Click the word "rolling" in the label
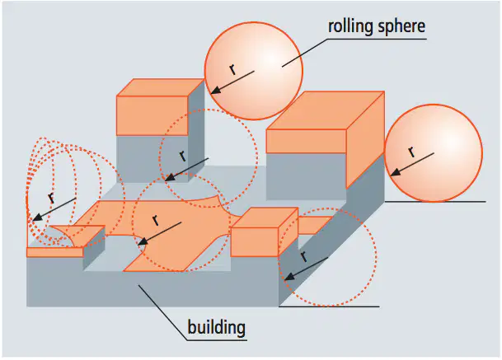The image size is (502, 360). [350, 26]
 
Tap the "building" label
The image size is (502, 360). [217, 327]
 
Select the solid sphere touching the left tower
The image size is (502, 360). [254, 71]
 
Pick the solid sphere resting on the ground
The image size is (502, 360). [434, 153]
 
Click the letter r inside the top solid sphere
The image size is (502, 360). [232, 69]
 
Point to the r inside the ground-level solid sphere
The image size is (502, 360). [411, 152]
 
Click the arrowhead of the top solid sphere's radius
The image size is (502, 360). [216, 91]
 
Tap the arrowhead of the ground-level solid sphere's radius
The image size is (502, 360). [396, 172]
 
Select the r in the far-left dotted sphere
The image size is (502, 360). [52, 198]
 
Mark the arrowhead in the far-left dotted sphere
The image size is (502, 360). [37, 217]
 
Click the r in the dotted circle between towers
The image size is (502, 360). [183, 156]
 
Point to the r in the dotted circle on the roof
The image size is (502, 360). [156, 220]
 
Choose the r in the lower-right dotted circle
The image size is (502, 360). [303, 256]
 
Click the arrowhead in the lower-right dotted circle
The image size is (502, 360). [289, 277]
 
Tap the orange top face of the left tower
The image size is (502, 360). [161, 87]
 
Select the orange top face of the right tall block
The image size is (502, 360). [326, 110]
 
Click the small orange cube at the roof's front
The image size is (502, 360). [265, 232]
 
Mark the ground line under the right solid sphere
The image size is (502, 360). [435, 202]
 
